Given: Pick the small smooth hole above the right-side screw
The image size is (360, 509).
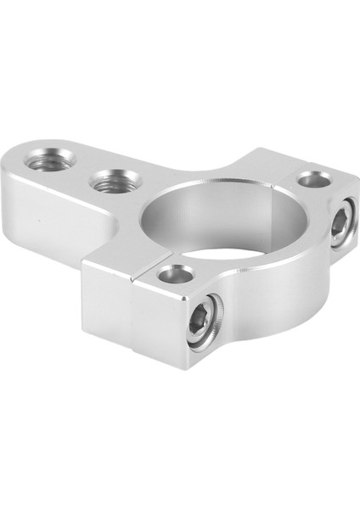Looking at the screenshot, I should click(x=313, y=179).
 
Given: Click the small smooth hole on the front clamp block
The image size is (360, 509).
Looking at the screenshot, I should click(x=175, y=274).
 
